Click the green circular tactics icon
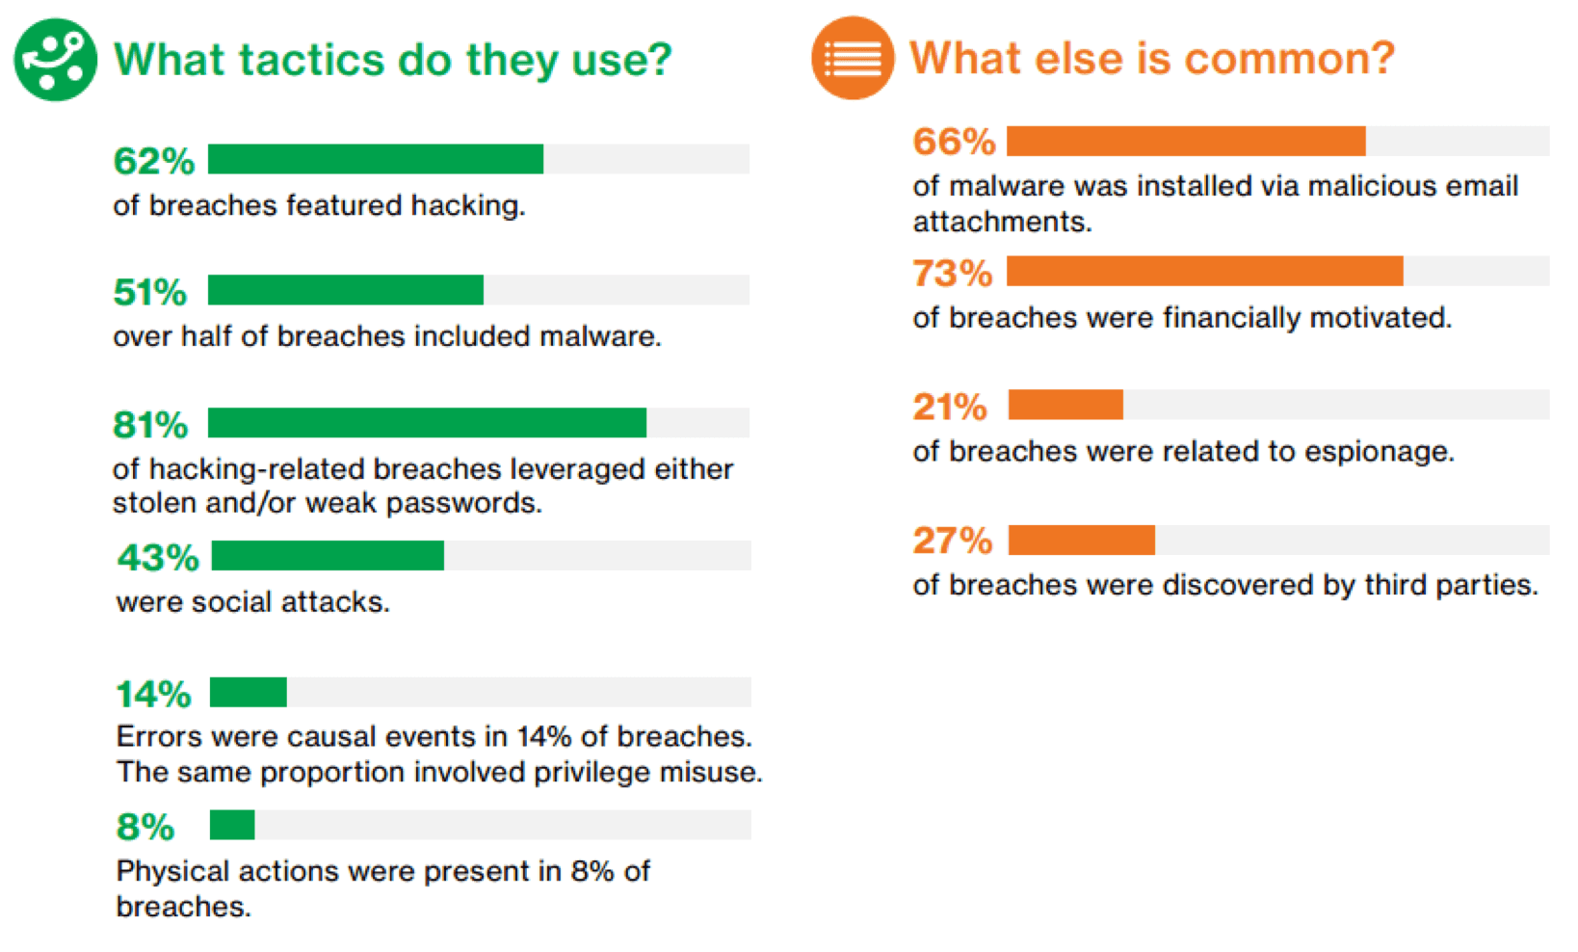(x=56, y=60)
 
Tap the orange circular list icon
(x=854, y=58)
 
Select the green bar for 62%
(x=376, y=159)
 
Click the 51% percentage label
(x=150, y=292)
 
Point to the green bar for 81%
(x=427, y=423)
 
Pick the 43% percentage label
(x=158, y=557)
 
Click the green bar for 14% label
(x=248, y=692)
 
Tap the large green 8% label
(x=145, y=827)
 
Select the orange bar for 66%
(x=1186, y=141)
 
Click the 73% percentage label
(x=953, y=273)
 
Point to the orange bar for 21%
(x=1065, y=406)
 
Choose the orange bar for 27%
(x=1082, y=541)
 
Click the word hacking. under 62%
(x=468, y=206)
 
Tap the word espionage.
(x=1380, y=452)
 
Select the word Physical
(x=172, y=872)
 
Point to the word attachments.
(x=1003, y=222)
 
